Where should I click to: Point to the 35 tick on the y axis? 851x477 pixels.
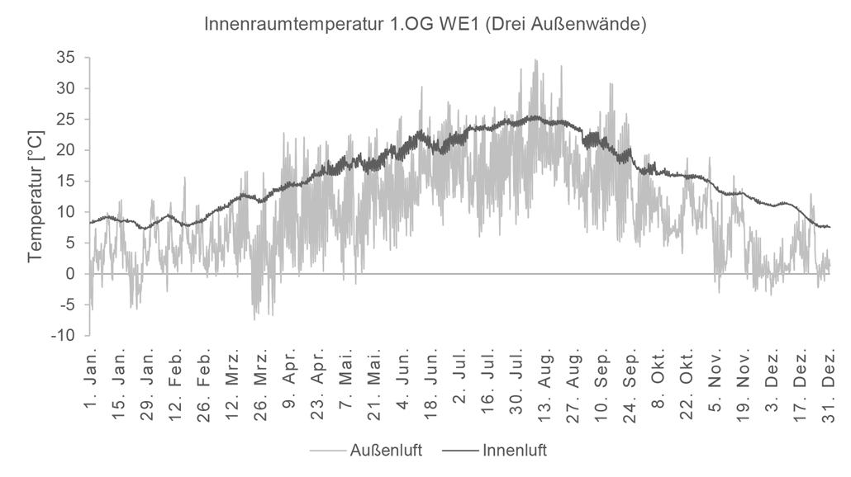[66, 58]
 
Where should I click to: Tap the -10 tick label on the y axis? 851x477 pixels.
[64, 336]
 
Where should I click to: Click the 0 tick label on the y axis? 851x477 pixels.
[71, 274]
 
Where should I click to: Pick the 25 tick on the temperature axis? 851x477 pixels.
[66, 120]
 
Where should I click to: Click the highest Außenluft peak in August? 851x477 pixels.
[536, 60]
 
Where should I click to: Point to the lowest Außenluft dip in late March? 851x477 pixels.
[254, 319]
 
